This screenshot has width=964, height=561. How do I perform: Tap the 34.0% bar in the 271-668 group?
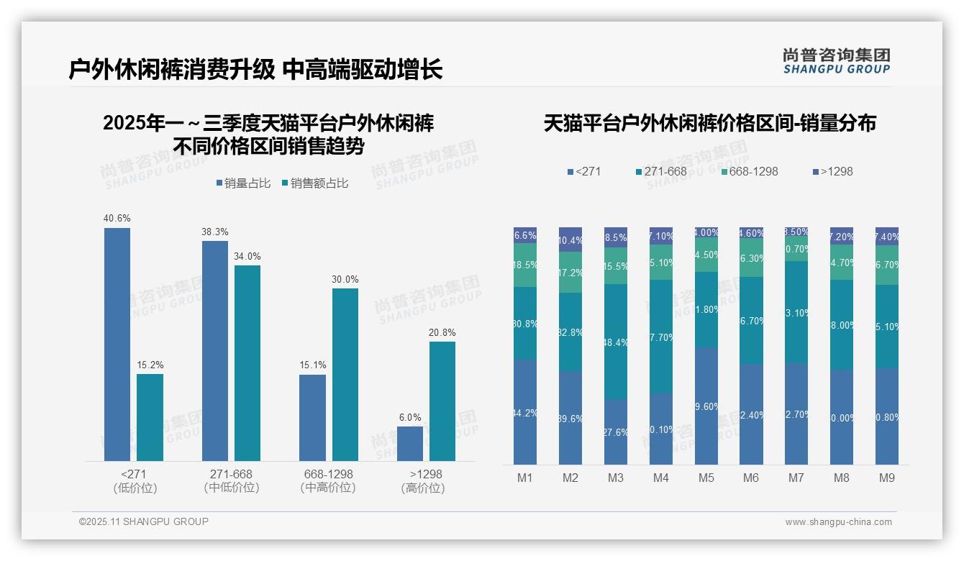click(x=247, y=362)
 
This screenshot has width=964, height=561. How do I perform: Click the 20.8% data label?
click(x=442, y=332)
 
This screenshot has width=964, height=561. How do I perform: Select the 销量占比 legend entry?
click(x=243, y=183)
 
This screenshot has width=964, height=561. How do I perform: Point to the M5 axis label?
click(x=706, y=478)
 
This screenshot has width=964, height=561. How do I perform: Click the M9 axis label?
click(x=887, y=478)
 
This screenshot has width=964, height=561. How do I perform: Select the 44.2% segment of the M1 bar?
click(x=525, y=411)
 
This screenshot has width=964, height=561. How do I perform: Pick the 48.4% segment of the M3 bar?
click(x=616, y=342)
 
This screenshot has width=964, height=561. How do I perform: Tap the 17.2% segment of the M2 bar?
click(x=570, y=273)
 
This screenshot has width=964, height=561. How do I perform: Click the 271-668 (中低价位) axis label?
click(x=231, y=481)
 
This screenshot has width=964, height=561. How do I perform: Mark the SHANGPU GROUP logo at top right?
click(x=836, y=61)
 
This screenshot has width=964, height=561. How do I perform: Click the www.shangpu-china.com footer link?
click(x=838, y=522)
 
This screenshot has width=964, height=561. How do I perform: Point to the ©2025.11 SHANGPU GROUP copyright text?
click(x=144, y=521)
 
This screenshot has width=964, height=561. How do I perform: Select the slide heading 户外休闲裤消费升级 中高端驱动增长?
click(x=255, y=70)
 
